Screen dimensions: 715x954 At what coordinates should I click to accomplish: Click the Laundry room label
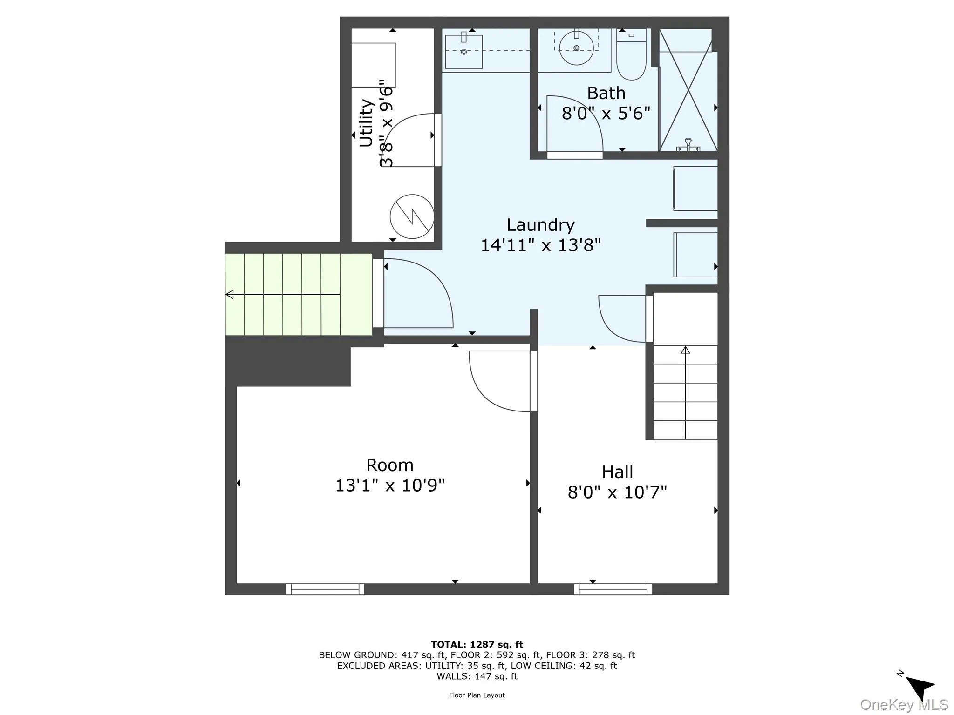(x=540, y=225)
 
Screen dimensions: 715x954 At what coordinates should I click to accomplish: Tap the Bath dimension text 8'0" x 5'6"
(x=606, y=113)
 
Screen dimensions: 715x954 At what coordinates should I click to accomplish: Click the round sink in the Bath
(x=576, y=48)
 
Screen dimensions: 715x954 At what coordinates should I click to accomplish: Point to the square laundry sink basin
(x=463, y=52)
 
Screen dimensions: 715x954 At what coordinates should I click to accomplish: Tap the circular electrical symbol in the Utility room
(x=412, y=216)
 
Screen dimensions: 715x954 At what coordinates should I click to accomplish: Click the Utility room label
(x=367, y=123)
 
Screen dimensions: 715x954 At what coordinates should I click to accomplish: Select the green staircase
(x=298, y=294)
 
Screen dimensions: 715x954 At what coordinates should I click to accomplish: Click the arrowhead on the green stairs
(x=229, y=294)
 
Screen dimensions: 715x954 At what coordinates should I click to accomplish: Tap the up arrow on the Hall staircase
(x=685, y=350)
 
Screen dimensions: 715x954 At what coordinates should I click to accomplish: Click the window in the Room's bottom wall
(x=325, y=589)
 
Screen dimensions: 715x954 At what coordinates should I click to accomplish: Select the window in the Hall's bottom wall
(x=613, y=589)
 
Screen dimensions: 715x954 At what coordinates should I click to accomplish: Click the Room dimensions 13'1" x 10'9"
(x=390, y=486)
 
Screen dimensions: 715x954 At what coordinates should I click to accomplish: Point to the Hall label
(x=617, y=472)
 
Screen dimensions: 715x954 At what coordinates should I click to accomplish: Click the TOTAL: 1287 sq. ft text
(x=477, y=645)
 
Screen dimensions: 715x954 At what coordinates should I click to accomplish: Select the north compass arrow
(x=920, y=686)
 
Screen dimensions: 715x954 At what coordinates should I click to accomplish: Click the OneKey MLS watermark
(x=904, y=705)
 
